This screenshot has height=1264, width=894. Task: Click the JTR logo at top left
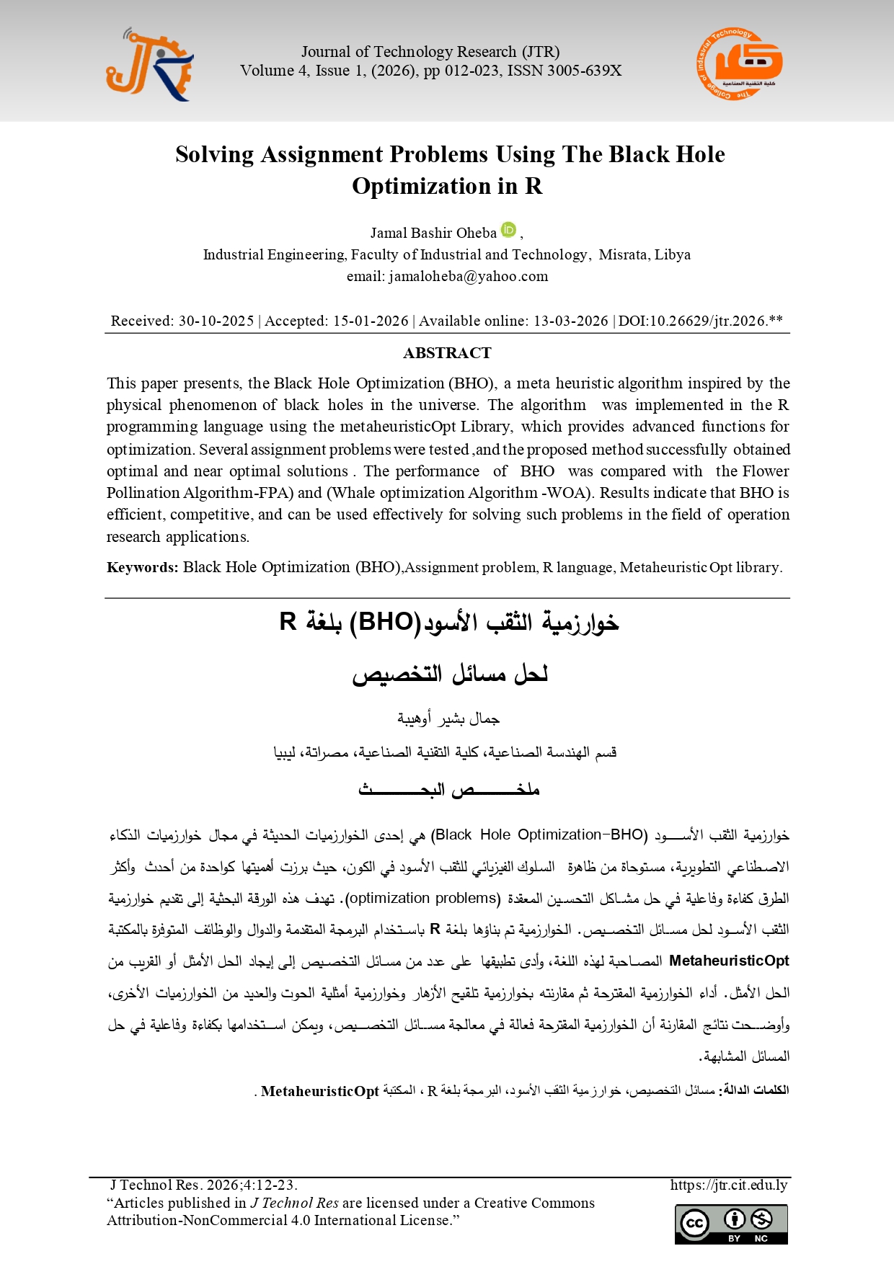tap(149, 66)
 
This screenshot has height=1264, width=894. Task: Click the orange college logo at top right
tap(739, 64)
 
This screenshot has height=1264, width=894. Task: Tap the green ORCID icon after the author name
tap(509, 230)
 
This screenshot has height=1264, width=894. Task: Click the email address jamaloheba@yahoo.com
tap(469, 276)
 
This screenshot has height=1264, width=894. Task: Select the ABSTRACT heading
tap(447, 353)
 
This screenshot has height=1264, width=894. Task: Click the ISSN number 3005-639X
tap(584, 71)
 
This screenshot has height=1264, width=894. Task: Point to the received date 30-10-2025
tap(216, 321)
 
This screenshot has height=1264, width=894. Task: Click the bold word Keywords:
tap(142, 567)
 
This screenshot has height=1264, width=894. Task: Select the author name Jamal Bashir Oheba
tap(433, 233)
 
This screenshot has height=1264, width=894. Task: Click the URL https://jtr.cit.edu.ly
tap(728, 1185)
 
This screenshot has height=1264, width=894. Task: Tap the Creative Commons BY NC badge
tap(731, 1224)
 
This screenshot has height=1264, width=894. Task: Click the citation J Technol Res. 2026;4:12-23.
tap(203, 1185)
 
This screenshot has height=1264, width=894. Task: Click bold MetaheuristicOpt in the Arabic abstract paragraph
tap(729, 961)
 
